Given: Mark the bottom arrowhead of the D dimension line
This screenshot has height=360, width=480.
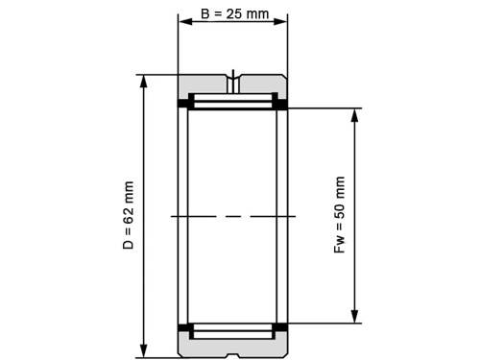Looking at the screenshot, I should (143, 350).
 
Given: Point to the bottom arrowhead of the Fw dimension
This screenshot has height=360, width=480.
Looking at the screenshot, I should (355, 317).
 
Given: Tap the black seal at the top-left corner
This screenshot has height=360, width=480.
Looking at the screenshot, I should (183, 103).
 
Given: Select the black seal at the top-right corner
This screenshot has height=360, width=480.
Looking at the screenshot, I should (282, 103).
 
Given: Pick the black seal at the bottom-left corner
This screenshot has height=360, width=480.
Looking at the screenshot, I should (183, 329).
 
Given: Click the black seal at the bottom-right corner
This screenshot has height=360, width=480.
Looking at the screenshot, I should (282, 329).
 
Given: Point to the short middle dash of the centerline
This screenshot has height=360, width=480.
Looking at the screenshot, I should (232, 217).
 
